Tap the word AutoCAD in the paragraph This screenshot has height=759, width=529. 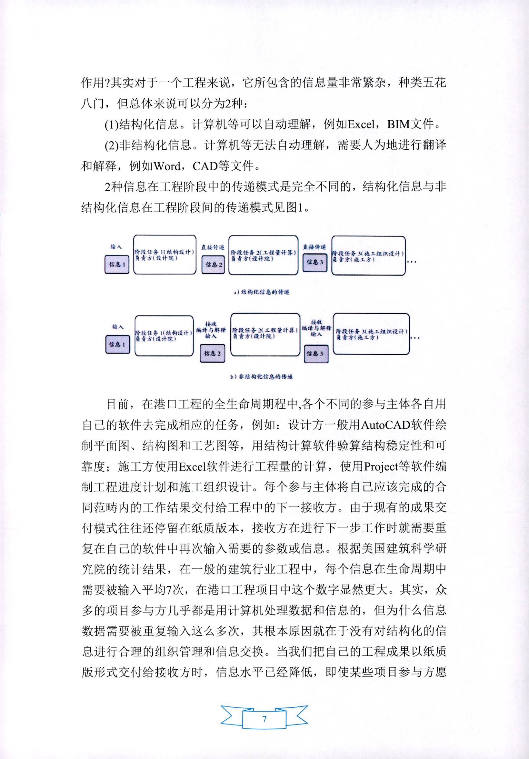(384, 425)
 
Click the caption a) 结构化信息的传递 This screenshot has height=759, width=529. (261, 292)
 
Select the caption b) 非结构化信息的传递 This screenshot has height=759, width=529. (261, 377)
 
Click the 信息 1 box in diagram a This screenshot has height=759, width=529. (117, 265)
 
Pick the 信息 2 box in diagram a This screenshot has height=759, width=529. (213, 265)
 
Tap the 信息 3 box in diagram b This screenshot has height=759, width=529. (315, 354)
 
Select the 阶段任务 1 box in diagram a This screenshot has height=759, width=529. (164, 255)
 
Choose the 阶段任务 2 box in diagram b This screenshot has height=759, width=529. (264, 335)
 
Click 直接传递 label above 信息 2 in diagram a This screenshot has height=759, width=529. (213, 247)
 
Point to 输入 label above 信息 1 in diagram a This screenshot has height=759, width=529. (116, 247)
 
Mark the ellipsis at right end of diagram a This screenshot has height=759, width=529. (412, 262)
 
